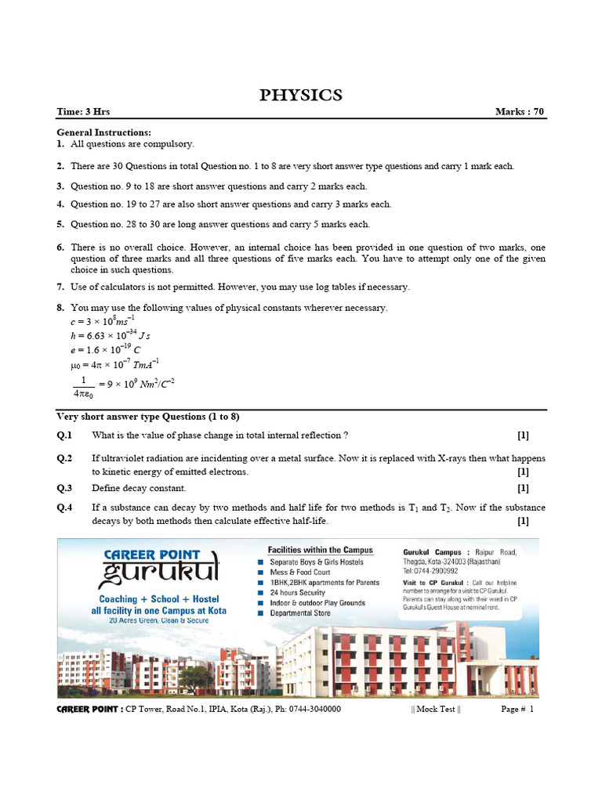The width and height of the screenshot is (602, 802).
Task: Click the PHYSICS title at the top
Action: coord(301,96)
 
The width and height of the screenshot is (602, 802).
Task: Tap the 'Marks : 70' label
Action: coord(520,112)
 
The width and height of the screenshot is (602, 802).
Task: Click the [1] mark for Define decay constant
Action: coord(523,488)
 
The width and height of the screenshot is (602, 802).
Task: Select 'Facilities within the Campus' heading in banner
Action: coord(321,551)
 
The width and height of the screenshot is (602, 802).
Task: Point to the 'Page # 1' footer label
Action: coord(517,710)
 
